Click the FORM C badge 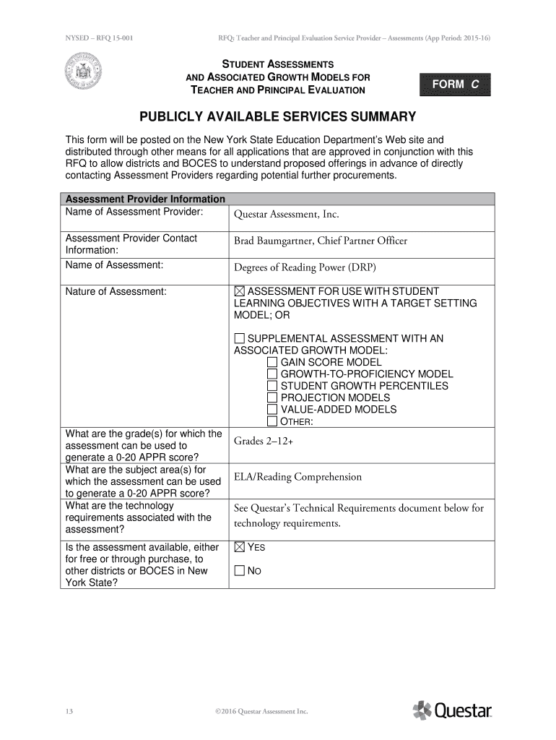455,85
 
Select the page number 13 69,711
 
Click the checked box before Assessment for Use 240,291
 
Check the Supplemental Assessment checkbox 240,338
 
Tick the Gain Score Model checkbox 272,362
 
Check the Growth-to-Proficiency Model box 272,374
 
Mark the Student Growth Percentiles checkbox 272,386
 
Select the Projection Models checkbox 272,397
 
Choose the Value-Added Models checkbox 272,409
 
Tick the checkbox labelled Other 272,421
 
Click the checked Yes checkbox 240,547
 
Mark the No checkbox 240,571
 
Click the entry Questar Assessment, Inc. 286,214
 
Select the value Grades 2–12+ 264,441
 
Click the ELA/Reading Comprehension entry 297,477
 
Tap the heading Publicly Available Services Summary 278,116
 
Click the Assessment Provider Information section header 145,199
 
